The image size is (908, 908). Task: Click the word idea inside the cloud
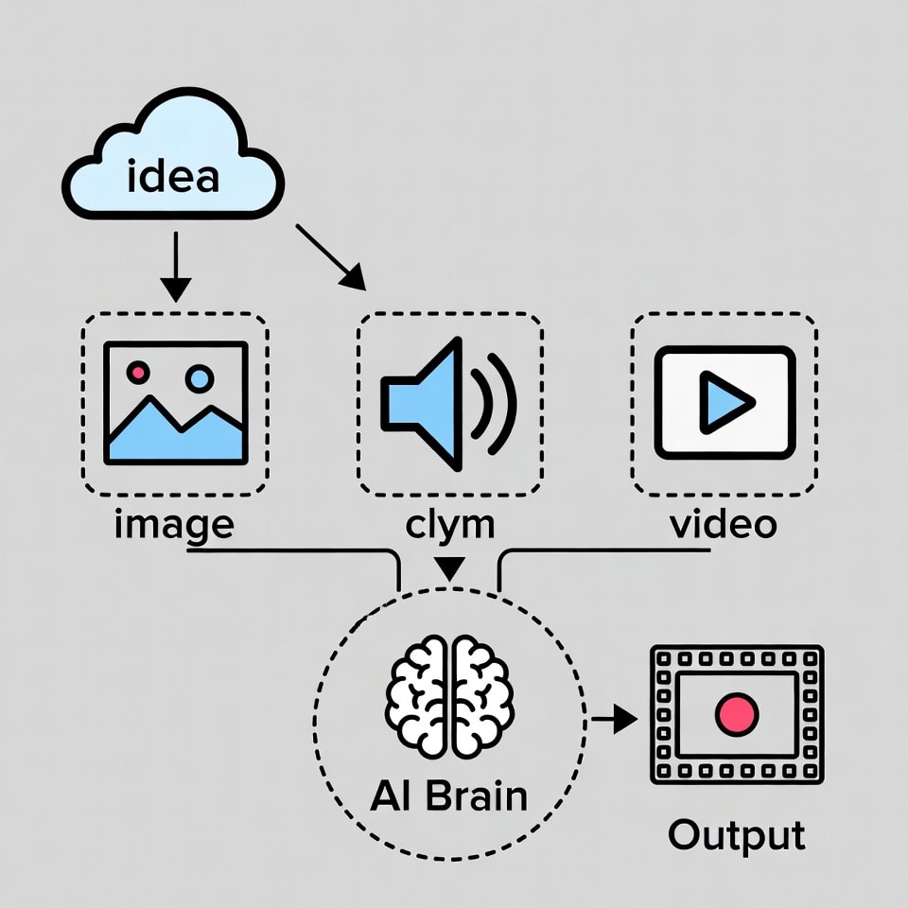(172, 176)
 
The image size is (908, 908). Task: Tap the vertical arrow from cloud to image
(175, 269)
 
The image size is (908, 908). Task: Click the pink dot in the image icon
(138, 373)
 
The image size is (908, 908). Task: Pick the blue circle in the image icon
(200, 379)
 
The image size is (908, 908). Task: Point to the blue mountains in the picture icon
(175, 435)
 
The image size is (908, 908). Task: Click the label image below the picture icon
(173, 524)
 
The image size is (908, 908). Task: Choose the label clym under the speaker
(449, 524)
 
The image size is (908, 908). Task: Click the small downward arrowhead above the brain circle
(450, 568)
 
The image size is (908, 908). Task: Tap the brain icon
(450, 696)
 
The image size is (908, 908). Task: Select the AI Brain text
(449, 794)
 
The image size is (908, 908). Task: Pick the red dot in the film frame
(737, 714)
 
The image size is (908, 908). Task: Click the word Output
(737, 835)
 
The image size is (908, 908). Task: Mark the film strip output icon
(737, 714)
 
